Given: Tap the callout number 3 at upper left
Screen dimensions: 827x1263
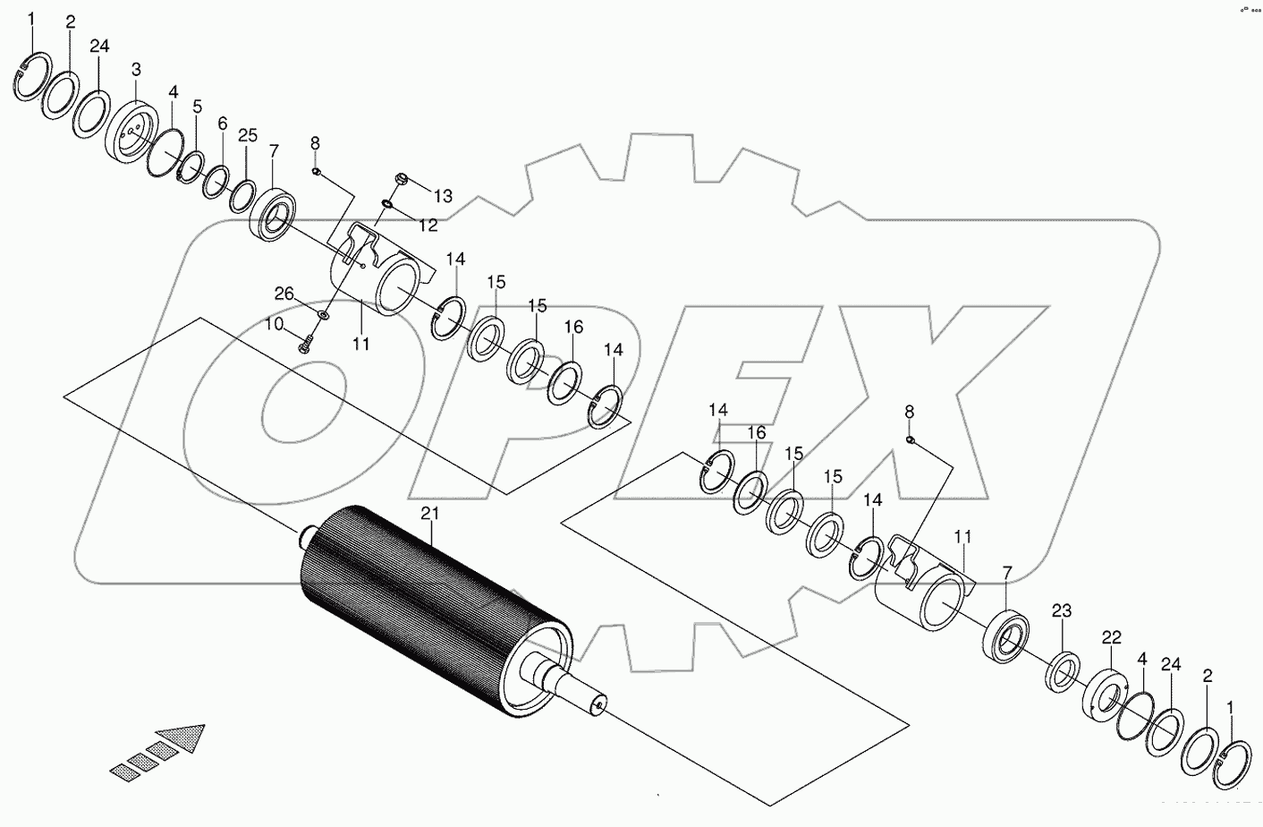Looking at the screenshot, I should click(x=136, y=69).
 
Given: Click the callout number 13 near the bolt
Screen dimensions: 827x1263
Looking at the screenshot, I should click(x=444, y=196).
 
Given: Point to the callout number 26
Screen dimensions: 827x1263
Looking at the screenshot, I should click(x=284, y=293).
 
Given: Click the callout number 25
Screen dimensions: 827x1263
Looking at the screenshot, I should click(x=248, y=136).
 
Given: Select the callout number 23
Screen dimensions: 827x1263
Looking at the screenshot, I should click(x=1062, y=611).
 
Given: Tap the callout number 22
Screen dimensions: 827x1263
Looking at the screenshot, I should click(x=1111, y=637).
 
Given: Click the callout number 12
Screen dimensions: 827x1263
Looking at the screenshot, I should click(x=428, y=226).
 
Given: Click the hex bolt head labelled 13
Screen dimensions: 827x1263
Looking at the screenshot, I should click(x=401, y=178).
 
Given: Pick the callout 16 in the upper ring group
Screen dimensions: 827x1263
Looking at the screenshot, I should click(x=573, y=328).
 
